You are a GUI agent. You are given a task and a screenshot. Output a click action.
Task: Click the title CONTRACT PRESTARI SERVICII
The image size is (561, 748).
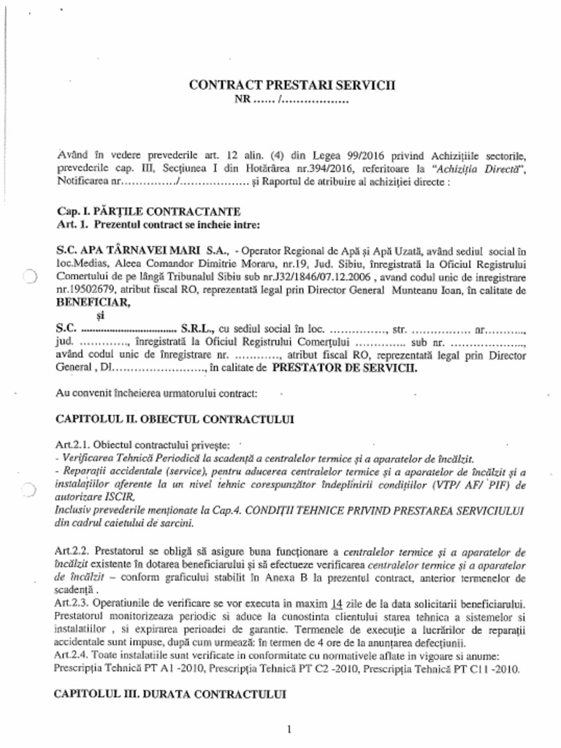coord(291,84)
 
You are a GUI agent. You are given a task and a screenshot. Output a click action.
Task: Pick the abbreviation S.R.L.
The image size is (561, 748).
coord(197,329)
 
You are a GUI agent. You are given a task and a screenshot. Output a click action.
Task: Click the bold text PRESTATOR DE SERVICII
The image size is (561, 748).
coord(345,369)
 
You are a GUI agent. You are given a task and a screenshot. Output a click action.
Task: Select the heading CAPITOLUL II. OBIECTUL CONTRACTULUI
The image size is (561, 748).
coord(175,420)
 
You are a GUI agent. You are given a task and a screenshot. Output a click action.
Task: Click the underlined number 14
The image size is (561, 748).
coord(337,604)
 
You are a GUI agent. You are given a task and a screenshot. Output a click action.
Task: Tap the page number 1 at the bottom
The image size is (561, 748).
coord(289,729)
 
